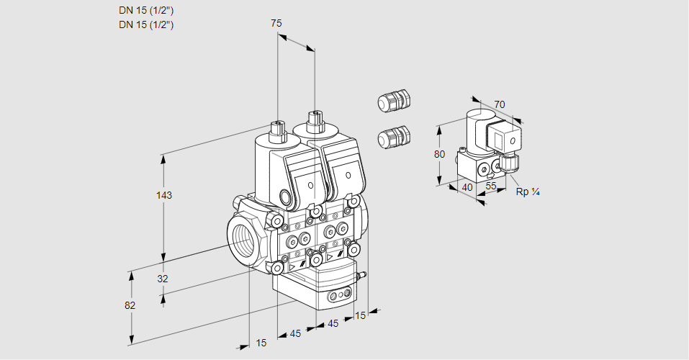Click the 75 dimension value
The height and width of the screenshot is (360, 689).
[x=276, y=23]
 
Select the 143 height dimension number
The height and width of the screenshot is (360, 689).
[x=166, y=195]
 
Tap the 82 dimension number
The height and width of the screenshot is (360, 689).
[x=130, y=305]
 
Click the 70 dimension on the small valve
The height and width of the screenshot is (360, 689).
[x=500, y=105]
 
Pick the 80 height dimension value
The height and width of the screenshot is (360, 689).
[x=440, y=154]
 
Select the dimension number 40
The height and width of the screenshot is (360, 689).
[x=467, y=187]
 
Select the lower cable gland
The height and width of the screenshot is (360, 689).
[x=393, y=136]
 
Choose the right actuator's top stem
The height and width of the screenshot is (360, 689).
[x=314, y=120]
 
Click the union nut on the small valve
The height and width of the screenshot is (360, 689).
[x=510, y=163]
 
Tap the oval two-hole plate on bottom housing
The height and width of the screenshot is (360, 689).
[x=341, y=295]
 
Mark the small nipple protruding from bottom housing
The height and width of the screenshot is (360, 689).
[x=363, y=274]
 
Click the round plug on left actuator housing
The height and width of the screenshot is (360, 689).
[x=287, y=197]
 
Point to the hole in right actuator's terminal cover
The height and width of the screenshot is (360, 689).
[x=348, y=175]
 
